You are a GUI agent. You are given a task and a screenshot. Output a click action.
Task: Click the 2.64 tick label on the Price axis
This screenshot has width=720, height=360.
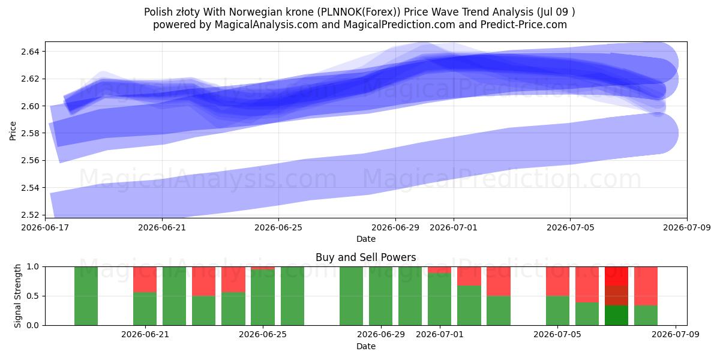coord(30,52)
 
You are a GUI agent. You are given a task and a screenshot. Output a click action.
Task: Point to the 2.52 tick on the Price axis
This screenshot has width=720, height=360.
coord(30,215)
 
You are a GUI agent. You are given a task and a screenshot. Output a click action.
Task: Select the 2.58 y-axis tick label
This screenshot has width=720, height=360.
coord(30,133)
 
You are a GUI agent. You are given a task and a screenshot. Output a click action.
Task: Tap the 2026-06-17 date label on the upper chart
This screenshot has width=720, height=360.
coord(45,227)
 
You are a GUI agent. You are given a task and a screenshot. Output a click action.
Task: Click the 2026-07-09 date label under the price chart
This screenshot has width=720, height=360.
coord(687,227)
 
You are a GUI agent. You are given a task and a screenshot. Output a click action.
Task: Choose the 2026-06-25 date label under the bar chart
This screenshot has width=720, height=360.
coord(263,334)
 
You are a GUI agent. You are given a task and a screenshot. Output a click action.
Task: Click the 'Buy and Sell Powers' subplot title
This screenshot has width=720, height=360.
coord(366,257)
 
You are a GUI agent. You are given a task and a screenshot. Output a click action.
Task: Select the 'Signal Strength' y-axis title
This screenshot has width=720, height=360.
coord(17,296)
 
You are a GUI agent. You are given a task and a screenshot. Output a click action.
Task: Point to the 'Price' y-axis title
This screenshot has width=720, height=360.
coord(13,131)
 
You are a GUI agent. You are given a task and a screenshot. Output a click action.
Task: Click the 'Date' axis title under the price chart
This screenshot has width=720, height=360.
coord(366,239)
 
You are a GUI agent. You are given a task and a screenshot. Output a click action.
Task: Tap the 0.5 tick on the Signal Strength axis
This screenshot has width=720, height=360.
coord(33,296)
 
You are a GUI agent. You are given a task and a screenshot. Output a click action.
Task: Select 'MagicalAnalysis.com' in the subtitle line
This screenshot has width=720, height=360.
coord(266,25)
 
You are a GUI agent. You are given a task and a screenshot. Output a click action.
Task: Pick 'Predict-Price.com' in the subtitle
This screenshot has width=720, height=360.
coord(524,25)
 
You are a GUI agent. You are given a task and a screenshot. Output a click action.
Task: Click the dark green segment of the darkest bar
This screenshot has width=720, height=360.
coord(616,316)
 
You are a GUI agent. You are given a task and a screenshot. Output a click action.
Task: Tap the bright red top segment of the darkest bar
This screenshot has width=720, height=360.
coord(616,276)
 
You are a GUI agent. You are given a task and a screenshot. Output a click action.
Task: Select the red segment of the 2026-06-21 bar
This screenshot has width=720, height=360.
coord(145,280)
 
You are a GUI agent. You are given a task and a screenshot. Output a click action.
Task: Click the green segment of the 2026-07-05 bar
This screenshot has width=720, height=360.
coord(557,311)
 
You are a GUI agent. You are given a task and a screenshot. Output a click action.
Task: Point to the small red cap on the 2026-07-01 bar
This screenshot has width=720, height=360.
coord(439,269)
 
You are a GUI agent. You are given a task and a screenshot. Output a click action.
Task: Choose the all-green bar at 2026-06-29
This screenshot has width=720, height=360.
coord(380,296)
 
